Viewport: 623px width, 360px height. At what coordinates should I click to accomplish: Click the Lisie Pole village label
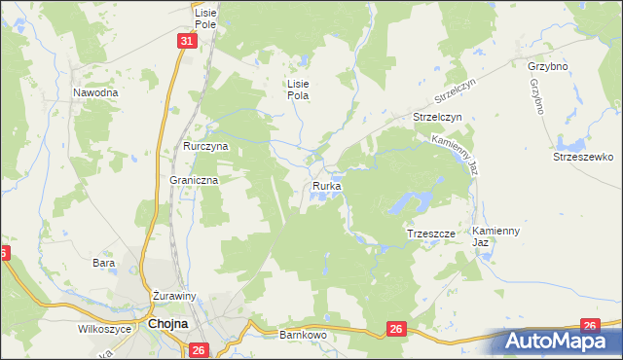(204, 17)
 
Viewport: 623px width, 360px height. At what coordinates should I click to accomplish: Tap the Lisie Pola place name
(297, 90)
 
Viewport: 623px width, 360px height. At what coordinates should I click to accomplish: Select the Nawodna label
(95, 92)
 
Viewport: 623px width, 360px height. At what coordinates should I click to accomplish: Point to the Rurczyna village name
(205, 146)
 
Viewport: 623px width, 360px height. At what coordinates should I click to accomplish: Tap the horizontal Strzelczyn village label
(437, 117)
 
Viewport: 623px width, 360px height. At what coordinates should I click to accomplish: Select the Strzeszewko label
(581, 157)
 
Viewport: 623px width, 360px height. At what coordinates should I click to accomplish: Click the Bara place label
(103, 263)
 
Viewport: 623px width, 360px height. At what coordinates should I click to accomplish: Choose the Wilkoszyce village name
(105, 329)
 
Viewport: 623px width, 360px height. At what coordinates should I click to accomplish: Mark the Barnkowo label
(303, 334)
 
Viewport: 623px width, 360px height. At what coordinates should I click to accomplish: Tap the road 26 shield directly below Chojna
(199, 350)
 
